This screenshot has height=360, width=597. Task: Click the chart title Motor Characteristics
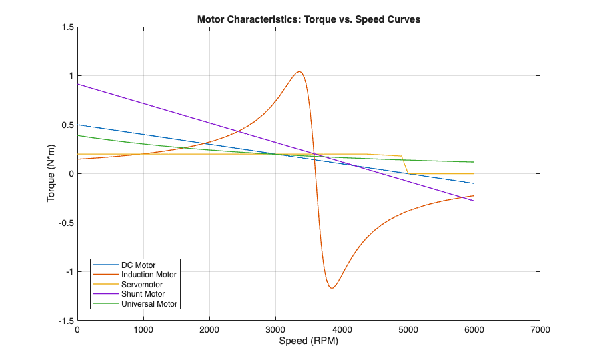coord(308,19)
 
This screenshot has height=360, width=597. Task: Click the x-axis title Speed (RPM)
coord(308,341)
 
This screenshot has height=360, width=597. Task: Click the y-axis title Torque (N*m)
coord(51,174)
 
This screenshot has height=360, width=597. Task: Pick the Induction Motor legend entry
coord(149,275)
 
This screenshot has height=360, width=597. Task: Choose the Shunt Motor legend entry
coord(143,294)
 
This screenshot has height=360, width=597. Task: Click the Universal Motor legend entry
coord(151,304)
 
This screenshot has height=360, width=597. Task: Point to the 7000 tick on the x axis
coord(540,329)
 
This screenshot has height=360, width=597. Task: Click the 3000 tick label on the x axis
coord(275,329)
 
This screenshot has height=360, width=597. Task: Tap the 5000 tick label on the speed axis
coord(408,329)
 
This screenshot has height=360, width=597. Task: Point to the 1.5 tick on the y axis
coord(67,27)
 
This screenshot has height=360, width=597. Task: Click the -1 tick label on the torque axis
coord(69,272)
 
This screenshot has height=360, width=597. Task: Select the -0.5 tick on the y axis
coord(66,223)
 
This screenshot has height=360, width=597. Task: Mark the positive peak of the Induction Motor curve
coord(300,71)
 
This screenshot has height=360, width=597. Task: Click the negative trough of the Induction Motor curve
coord(332,288)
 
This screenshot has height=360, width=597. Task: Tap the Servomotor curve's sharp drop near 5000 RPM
coord(405,165)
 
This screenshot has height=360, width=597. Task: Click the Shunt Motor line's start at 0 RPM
coord(78,84)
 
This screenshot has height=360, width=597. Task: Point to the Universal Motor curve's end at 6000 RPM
coord(474,162)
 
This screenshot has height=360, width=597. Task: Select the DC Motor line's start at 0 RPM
coord(78,125)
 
